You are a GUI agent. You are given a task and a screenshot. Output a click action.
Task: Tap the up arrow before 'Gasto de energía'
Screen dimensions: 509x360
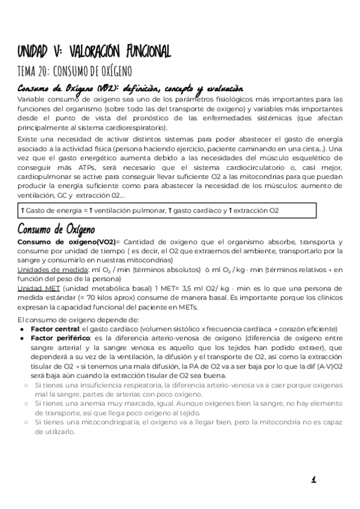coord(23,211)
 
